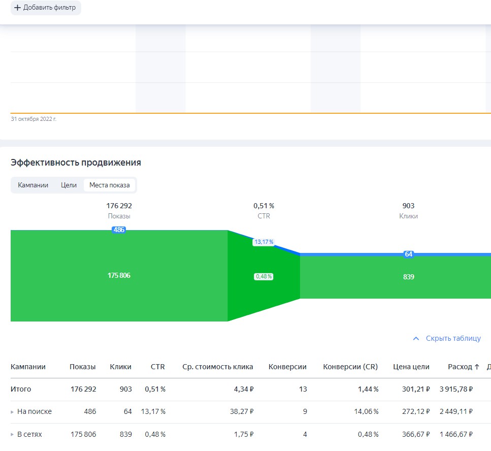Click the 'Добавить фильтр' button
tap(46, 8)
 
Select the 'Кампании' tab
tap(33, 185)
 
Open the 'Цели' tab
tap(69, 185)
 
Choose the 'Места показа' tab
tap(110, 185)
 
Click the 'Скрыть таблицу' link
tap(447, 338)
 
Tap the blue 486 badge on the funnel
tap(119, 230)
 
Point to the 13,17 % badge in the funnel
tap(264, 242)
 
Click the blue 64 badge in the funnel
tap(408, 254)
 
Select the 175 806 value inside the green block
tap(119, 275)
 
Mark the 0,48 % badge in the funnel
tap(264, 277)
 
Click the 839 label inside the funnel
tap(408, 277)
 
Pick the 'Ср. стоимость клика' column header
tap(218, 367)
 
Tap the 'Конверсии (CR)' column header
tap(350, 367)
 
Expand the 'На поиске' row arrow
tap(12, 412)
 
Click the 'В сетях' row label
tap(29, 434)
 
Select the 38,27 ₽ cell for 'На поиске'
tap(242, 411)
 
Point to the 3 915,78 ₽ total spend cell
tap(456, 389)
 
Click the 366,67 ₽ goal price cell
tap(416, 434)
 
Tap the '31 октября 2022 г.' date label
tap(34, 119)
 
